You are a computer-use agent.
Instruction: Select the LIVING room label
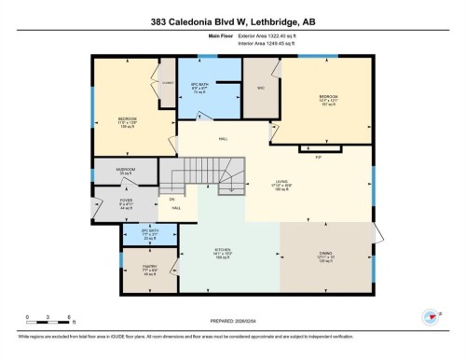point(281,183)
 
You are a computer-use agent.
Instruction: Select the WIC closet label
point(254,90)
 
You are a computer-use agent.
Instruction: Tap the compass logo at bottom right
point(431,318)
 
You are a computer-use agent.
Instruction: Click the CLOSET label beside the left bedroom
point(168,81)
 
